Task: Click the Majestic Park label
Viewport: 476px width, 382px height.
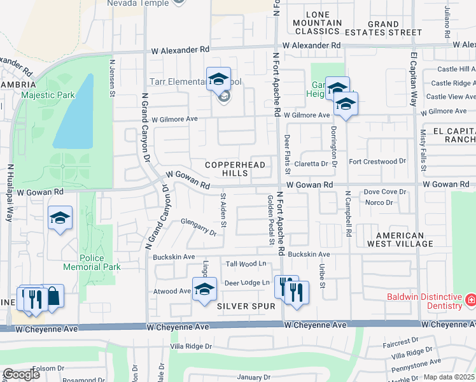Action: [x=48, y=95]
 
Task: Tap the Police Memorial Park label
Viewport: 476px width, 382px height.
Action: [x=101, y=262]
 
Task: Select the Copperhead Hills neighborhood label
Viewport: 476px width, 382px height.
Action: [x=226, y=169]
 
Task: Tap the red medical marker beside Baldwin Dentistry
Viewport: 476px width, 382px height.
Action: [x=471, y=299]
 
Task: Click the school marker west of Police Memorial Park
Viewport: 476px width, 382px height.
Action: [x=60, y=218]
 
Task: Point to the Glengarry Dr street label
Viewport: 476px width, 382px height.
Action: [x=199, y=229]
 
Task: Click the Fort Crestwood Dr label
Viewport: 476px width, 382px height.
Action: [x=377, y=162]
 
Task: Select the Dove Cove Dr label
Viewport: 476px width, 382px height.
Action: [x=385, y=192]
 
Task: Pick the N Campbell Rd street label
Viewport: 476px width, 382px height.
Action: [x=349, y=213]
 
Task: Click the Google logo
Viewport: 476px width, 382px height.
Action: [x=21, y=374]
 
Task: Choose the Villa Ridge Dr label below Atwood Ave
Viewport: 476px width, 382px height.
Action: [x=190, y=347]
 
